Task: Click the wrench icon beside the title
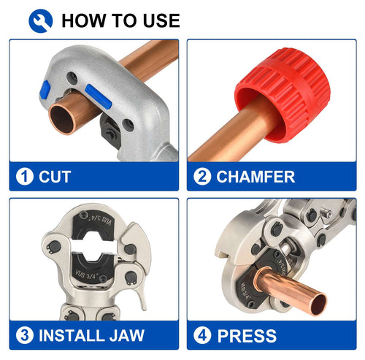click(x=40, y=20)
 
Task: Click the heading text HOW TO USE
click(x=120, y=20)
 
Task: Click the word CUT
click(x=55, y=177)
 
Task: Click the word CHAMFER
click(x=255, y=177)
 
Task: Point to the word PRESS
click(x=247, y=337)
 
